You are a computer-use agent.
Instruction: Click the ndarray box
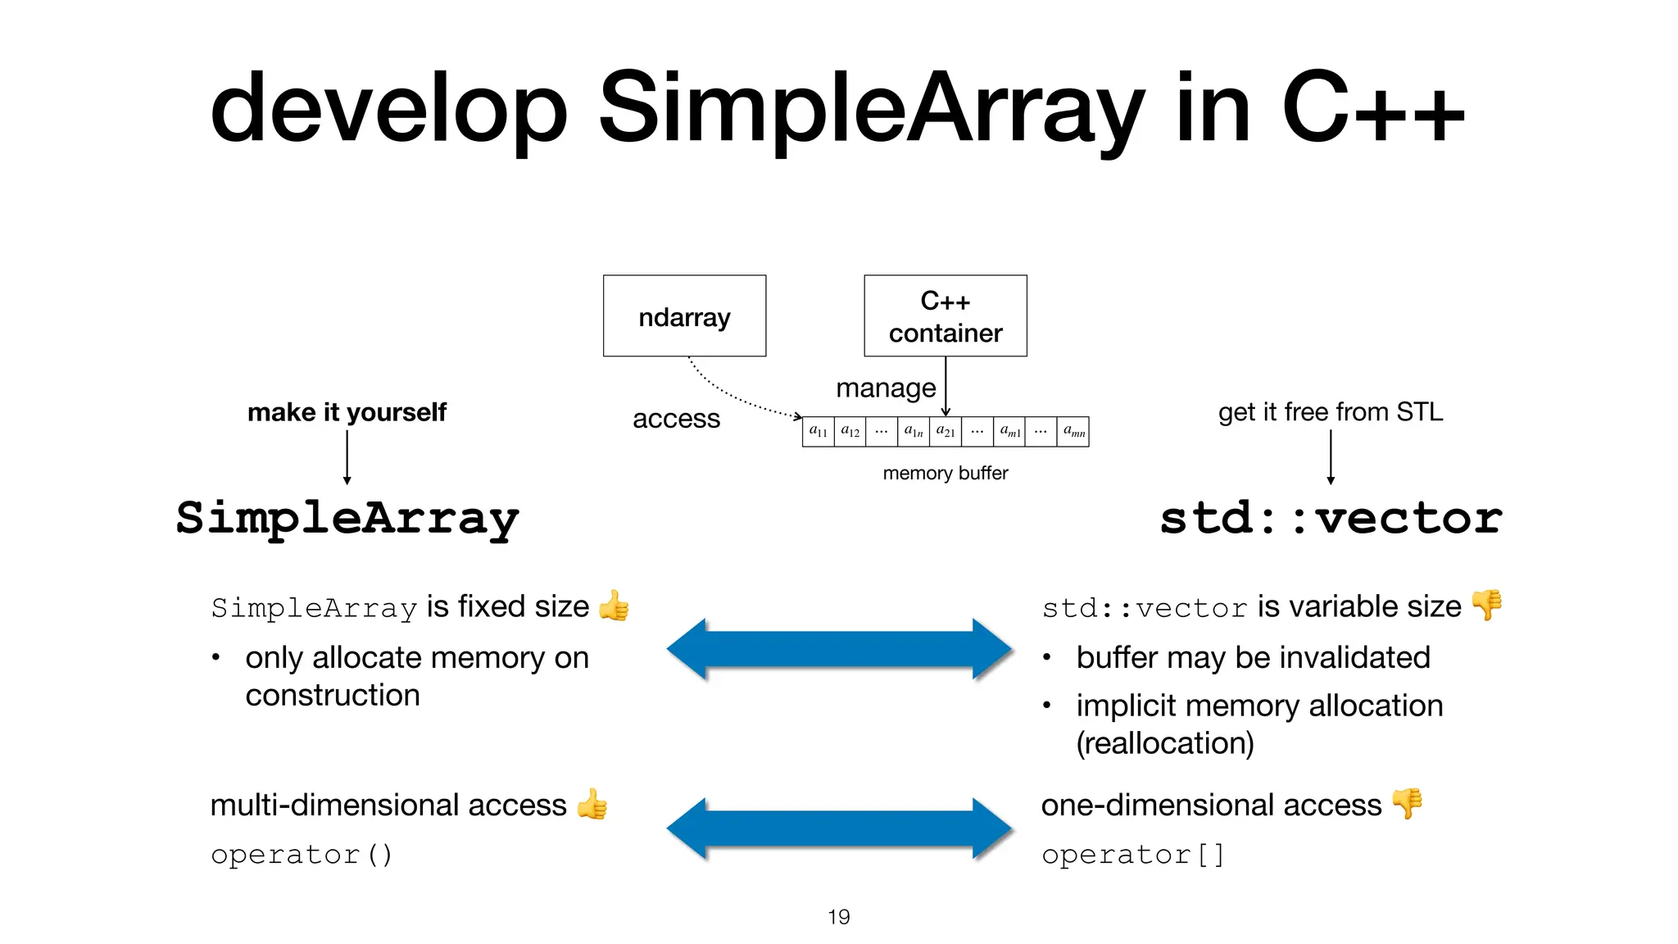point(684,315)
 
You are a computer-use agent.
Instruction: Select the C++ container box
point(945,315)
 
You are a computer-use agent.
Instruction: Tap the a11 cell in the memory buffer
point(818,431)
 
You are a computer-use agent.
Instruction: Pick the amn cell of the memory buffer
point(1073,431)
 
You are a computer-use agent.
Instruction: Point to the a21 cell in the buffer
point(946,431)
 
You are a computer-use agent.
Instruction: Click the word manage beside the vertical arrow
point(885,388)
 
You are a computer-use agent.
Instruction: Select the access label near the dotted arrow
point(676,419)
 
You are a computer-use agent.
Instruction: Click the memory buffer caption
point(945,473)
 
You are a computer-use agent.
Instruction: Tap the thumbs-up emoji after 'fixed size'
point(614,606)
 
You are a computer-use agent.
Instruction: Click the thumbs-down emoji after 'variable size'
point(1486,606)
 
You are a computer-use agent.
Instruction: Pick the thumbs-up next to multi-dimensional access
point(592,804)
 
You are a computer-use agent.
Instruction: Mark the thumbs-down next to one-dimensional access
point(1407,804)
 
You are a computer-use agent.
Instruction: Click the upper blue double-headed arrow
point(839,649)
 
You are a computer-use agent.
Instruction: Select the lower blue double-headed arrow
point(839,828)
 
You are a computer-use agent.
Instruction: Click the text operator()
point(302,855)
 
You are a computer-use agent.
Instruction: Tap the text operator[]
point(1132,855)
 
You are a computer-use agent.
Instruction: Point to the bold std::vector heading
point(1331,518)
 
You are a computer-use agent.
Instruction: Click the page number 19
point(838,917)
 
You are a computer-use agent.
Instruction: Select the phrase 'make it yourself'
point(347,411)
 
